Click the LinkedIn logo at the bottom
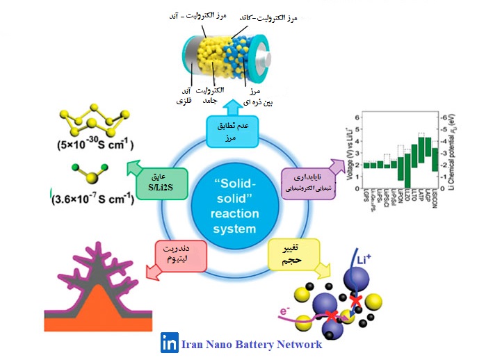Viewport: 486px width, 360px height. [x=168, y=343]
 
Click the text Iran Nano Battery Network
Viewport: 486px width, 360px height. [x=251, y=344]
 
